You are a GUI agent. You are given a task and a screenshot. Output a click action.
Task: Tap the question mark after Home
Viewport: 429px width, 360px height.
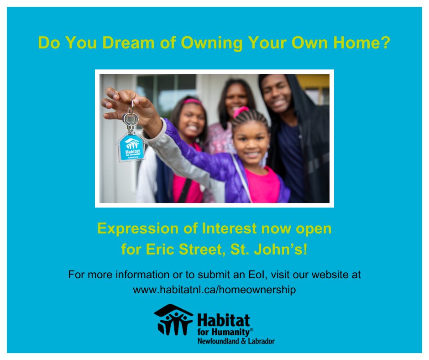(x=386, y=43)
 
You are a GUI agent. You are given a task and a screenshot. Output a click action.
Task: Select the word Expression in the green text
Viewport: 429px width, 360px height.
(x=134, y=228)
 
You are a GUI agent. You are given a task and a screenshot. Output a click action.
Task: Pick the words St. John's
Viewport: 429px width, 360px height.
(x=274, y=250)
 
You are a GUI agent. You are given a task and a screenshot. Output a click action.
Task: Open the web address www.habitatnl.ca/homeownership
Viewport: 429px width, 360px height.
(x=214, y=290)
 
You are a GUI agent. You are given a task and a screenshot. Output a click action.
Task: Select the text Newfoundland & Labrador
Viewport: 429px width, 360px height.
(x=235, y=341)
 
